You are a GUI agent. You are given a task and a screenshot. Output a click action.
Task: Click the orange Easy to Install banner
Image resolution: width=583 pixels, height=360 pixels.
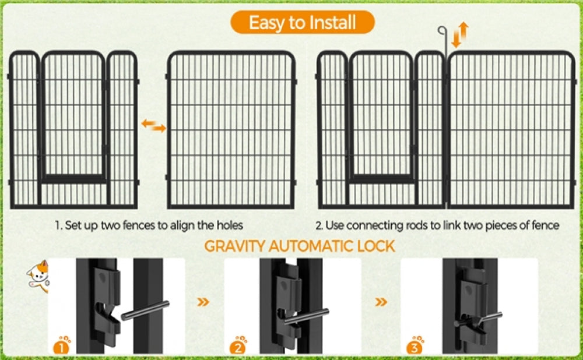(x=301, y=23)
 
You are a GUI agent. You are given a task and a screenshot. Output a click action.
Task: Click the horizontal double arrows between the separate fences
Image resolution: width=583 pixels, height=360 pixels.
(x=154, y=125)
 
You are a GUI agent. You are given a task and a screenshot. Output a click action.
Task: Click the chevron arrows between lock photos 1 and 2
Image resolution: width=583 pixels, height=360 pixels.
(x=203, y=302)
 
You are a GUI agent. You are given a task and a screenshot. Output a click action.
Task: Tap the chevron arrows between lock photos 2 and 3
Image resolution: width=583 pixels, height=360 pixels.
(x=381, y=302)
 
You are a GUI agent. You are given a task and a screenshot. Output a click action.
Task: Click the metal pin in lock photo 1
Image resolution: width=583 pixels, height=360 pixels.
(x=146, y=310)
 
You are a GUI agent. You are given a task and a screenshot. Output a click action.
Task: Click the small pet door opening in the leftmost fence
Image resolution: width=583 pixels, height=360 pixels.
(x=73, y=117)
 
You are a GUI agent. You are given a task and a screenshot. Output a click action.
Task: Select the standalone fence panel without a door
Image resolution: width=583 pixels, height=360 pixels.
(x=231, y=129)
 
